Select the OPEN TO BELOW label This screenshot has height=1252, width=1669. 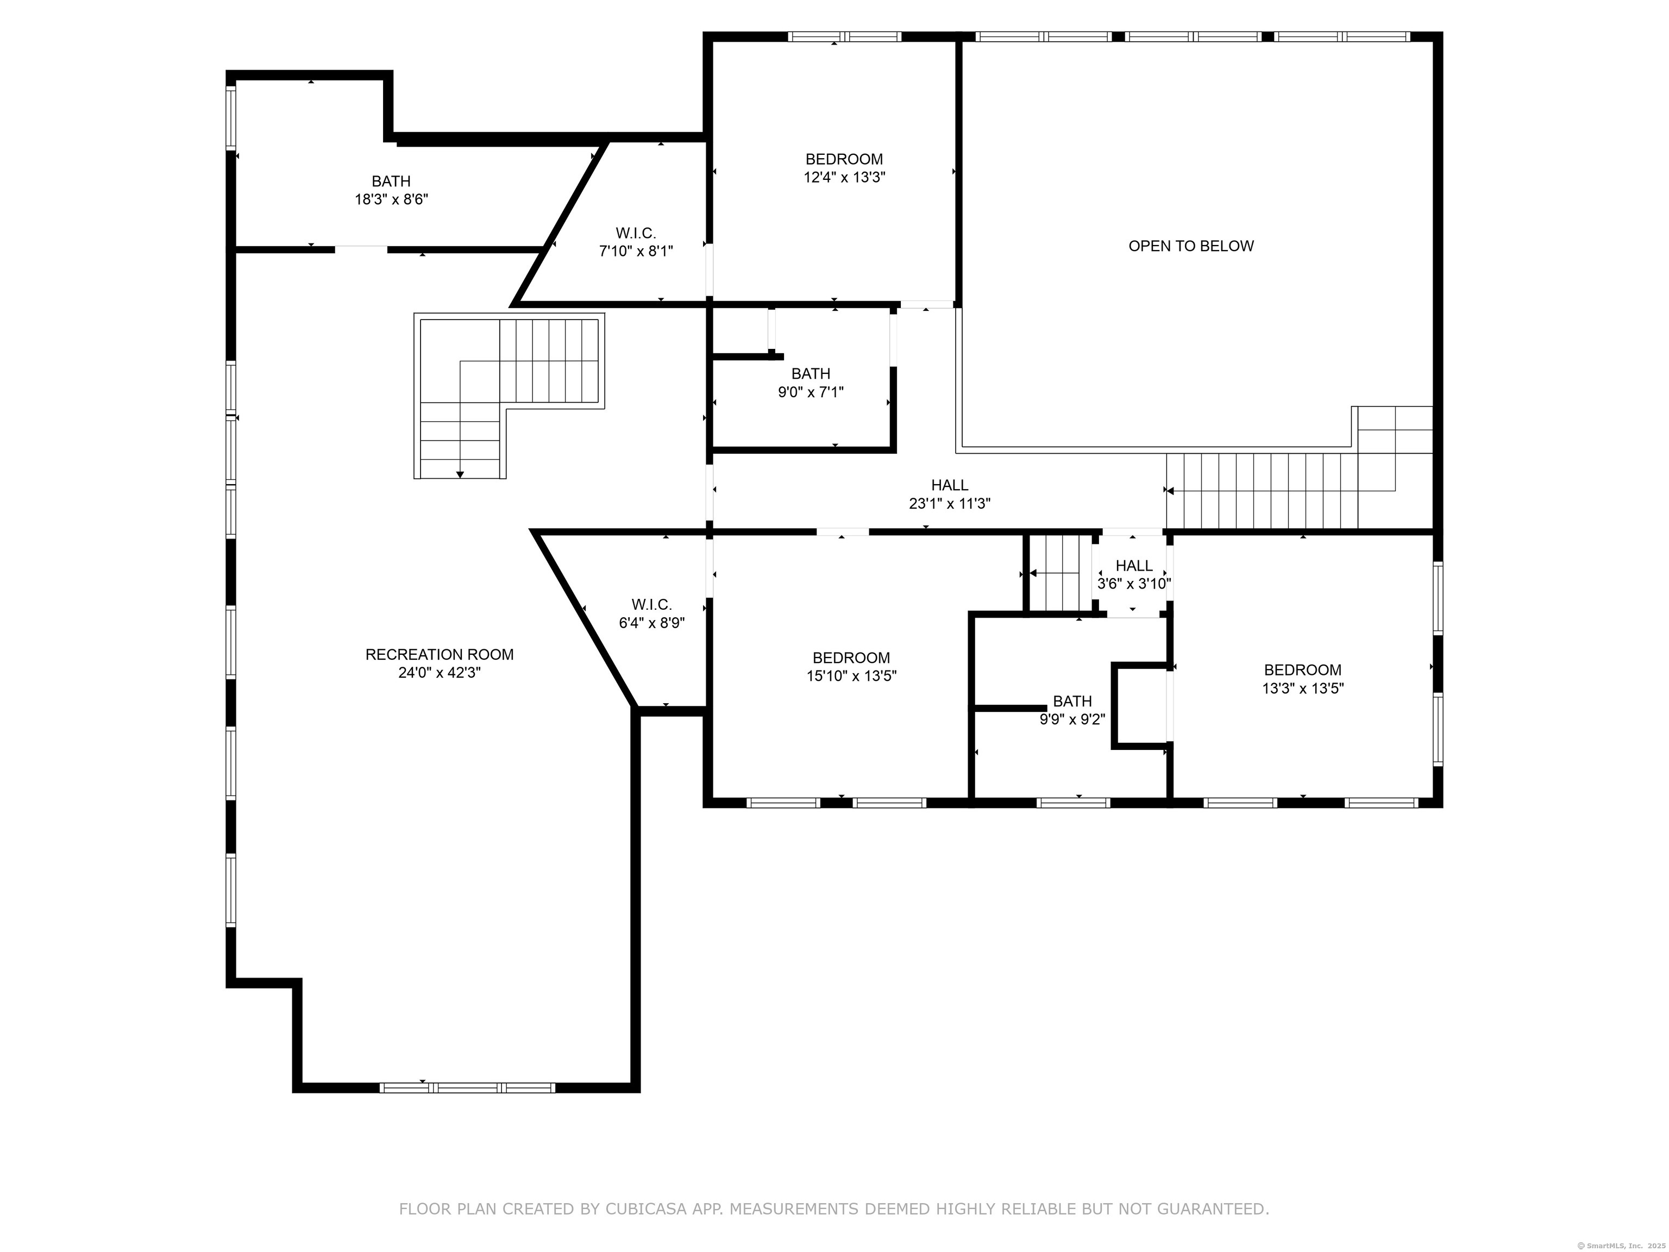click(1191, 246)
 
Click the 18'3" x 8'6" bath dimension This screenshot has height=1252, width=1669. click(392, 199)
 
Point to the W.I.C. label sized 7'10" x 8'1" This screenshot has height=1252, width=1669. click(636, 233)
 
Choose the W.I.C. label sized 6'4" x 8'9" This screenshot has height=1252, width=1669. click(651, 604)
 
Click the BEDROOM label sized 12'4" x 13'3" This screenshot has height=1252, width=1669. click(844, 159)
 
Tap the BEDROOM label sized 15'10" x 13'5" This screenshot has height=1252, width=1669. click(851, 658)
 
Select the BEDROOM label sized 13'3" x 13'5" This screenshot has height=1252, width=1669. click(1303, 670)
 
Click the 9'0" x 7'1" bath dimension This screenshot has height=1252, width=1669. click(811, 392)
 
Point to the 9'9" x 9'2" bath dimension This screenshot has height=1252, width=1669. click(1072, 719)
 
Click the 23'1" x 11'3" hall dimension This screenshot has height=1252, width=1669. click(949, 503)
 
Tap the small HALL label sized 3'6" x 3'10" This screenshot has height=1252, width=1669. click(1134, 566)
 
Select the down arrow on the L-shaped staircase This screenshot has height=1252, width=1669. click(460, 473)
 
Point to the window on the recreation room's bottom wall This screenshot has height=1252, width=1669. click(467, 1087)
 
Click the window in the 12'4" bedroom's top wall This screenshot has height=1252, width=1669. click(845, 36)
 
